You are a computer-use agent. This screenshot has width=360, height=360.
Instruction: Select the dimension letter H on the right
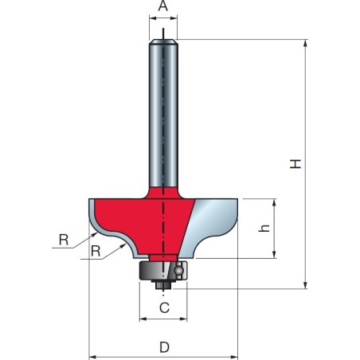(295, 163)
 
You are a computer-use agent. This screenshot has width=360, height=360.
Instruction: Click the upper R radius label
(63, 237)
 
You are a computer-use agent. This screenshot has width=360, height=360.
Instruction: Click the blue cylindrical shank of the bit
(162, 112)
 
